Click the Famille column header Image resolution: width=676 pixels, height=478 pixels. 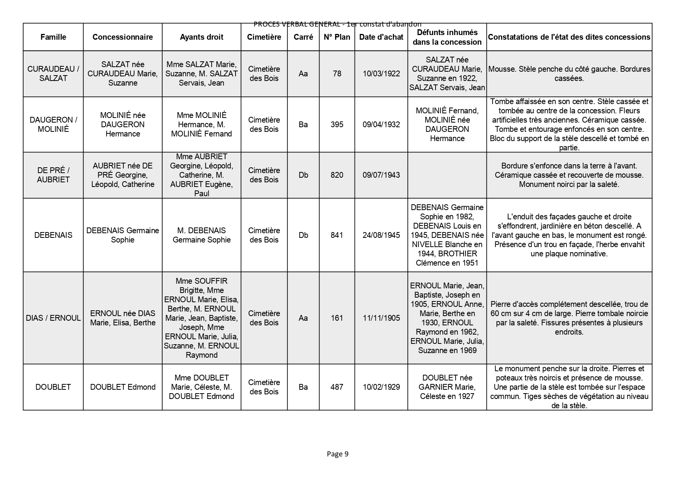tap(53, 37)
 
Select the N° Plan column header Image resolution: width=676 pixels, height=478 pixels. tap(337, 37)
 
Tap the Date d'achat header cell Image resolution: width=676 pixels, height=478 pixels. tap(381, 37)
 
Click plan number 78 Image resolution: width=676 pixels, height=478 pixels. tap(337, 74)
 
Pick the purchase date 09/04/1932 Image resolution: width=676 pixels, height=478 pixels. tap(381, 125)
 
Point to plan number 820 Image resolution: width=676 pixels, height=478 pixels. tap(337, 175)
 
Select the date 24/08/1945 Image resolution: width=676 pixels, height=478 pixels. tap(381, 235)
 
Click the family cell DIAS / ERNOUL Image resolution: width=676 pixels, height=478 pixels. tap(53, 318)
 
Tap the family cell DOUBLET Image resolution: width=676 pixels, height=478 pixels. tap(53, 387)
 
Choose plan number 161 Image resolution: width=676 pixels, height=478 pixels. tap(337, 318)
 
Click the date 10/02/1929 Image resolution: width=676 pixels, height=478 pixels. tap(381, 387)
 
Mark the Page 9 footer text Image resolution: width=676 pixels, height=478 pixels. tap(338, 454)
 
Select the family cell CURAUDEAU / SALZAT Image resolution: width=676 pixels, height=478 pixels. tap(53, 74)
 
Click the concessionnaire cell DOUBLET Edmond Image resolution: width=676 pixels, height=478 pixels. tap(123, 387)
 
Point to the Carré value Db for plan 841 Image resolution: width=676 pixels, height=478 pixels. tap(303, 235)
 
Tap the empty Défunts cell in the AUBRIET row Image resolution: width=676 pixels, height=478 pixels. tap(447, 175)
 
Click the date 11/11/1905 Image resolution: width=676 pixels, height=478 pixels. tap(381, 318)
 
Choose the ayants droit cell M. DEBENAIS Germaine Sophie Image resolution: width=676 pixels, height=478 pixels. tap(202, 235)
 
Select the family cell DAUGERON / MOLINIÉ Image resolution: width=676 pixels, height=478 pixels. tap(53, 125)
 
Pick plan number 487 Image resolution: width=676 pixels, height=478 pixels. tap(337, 387)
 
